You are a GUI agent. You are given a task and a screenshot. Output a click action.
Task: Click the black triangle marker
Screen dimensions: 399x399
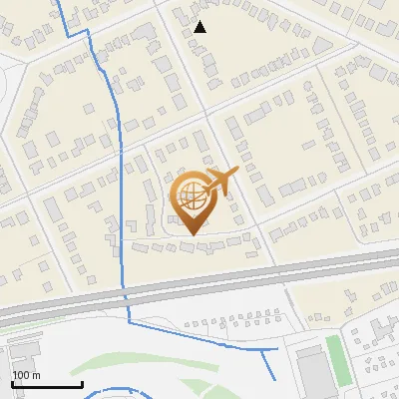(x=200, y=27)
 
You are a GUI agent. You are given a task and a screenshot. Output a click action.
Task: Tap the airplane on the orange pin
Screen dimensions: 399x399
(x=221, y=182)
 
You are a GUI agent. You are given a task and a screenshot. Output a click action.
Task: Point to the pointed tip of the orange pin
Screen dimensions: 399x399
(x=191, y=233)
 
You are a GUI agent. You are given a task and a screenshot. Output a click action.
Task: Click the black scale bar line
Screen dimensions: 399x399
(x=47, y=385)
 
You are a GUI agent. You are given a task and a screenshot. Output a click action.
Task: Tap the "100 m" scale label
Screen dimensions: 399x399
(x=26, y=375)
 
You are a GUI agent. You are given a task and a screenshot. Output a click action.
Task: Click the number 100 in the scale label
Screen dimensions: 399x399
(x=21, y=375)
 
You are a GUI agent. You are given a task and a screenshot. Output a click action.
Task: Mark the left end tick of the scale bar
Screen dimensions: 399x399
(x=12, y=383)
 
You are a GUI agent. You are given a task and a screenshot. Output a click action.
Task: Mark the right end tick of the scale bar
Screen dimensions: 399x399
(x=82, y=383)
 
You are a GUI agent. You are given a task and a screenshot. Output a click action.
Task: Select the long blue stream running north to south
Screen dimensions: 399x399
(x=121, y=180)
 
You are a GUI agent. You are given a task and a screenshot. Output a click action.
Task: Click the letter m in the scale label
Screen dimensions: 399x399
(x=36, y=375)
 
